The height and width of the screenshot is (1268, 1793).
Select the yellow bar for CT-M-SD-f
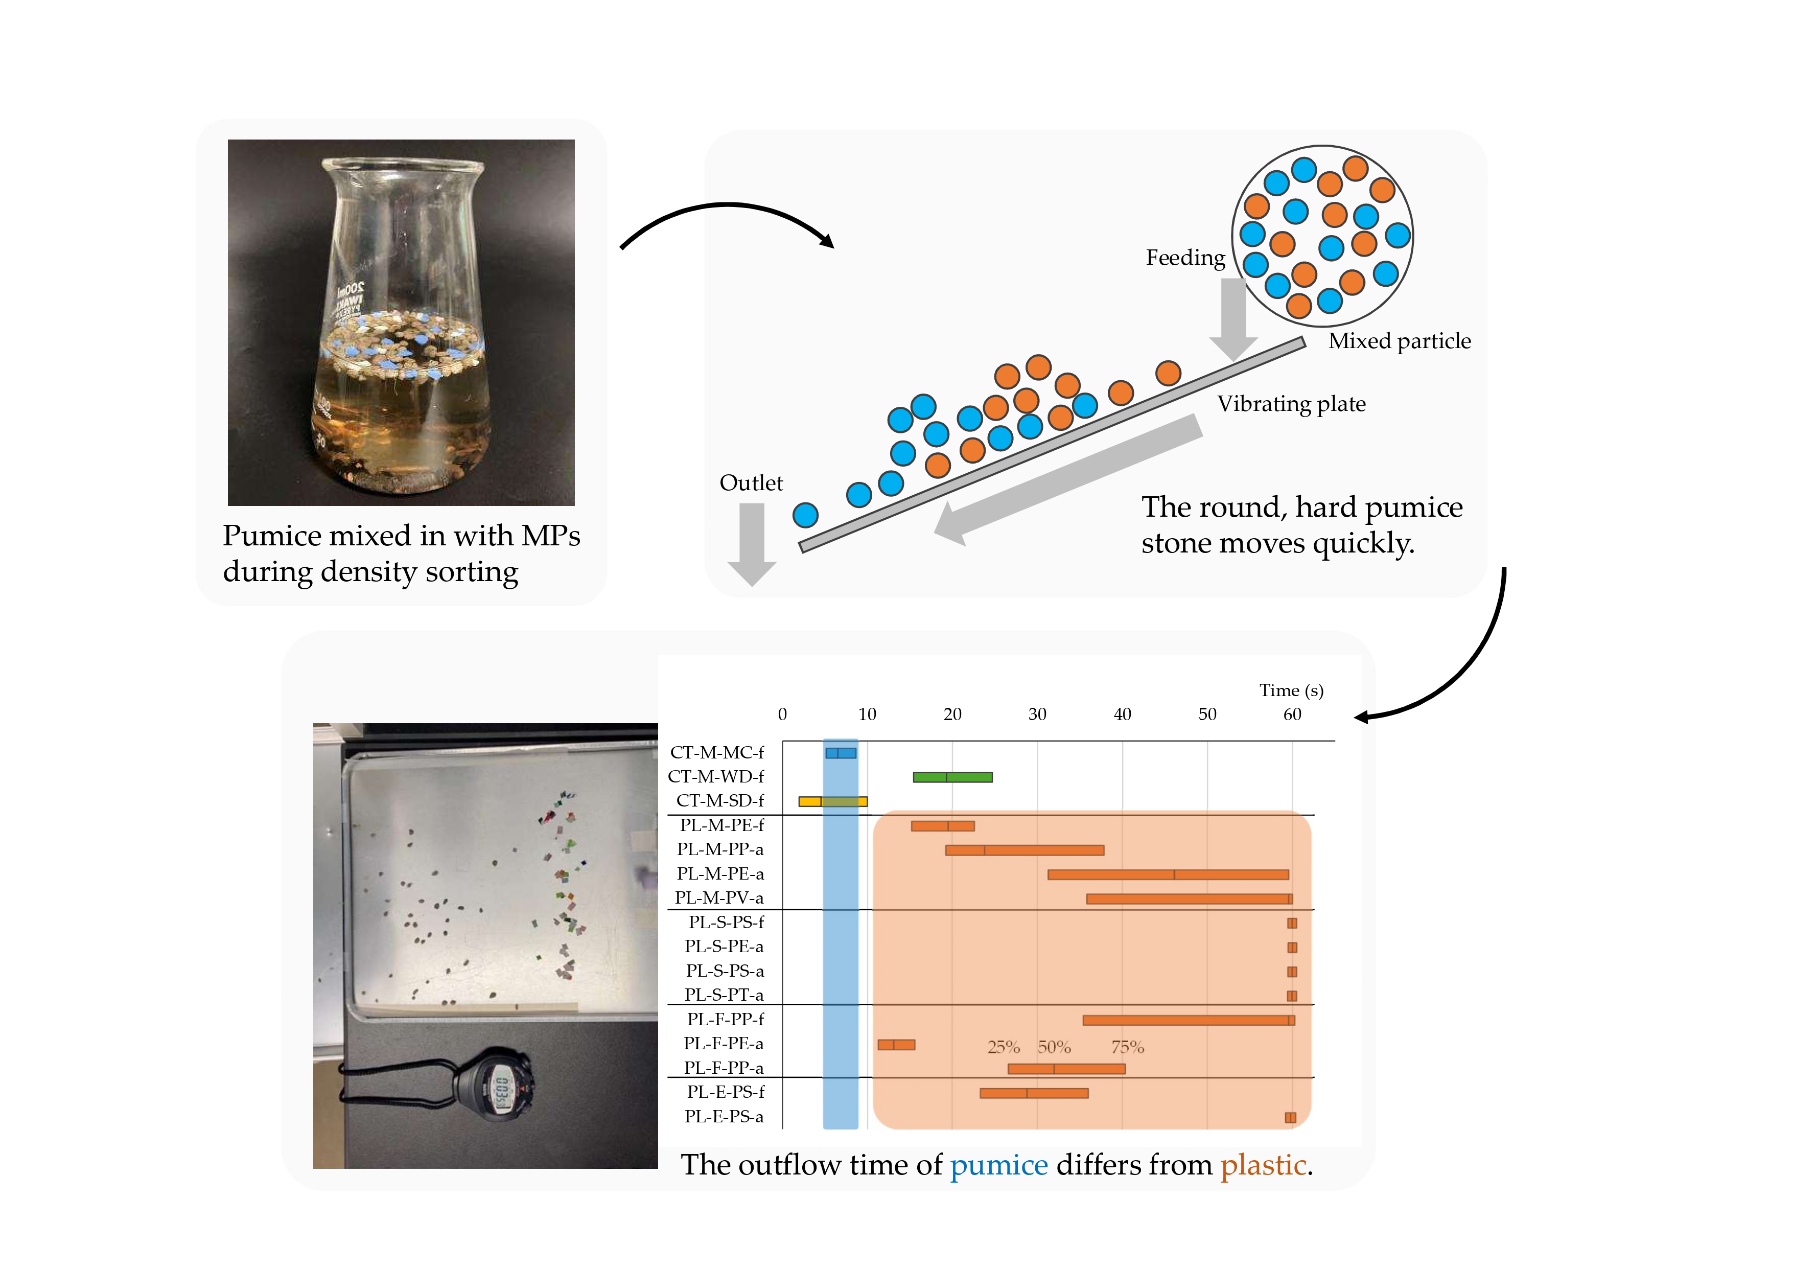[x=832, y=801]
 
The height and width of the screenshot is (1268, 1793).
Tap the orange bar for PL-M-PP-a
[x=1024, y=849]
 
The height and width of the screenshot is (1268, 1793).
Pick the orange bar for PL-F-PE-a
[x=896, y=1045]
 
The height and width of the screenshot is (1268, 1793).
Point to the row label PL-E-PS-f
[x=726, y=1092]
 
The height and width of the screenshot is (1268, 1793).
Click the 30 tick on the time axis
[x=1037, y=714]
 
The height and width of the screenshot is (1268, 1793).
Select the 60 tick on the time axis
[x=1292, y=714]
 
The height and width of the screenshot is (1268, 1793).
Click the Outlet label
[x=751, y=483]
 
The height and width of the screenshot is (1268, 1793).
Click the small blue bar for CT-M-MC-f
[x=840, y=753]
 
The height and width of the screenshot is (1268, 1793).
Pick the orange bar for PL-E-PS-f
[x=1033, y=1093]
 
